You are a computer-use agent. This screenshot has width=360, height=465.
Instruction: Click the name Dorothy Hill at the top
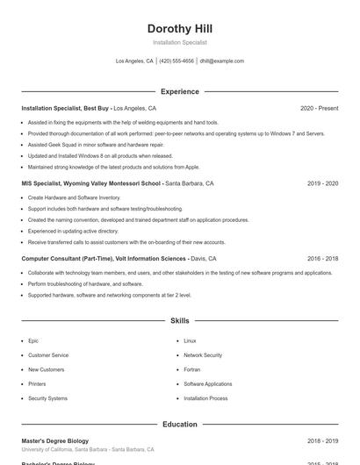point(180,29)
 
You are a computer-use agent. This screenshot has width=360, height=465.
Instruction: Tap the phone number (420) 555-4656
point(176,61)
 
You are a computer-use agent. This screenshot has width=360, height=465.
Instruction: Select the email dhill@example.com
point(221,61)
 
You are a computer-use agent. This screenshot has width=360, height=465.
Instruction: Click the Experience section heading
point(180,91)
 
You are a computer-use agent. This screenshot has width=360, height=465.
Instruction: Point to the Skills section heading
point(180,321)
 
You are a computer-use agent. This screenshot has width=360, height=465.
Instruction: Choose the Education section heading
point(180,424)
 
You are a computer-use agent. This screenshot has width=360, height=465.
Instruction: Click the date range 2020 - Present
point(319,108)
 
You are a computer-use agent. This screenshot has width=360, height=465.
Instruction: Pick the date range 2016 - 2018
point(322,259)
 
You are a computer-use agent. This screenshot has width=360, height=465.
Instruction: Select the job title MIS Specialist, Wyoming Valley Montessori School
point(91,183)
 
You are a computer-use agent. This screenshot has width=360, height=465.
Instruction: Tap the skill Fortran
point(192,369)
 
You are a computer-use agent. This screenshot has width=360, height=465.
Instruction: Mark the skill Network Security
point(203,355)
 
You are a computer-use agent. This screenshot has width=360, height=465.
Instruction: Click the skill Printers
point(37,383)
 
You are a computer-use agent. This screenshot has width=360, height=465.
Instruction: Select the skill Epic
point(33,340)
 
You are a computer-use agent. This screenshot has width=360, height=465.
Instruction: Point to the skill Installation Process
point(205,398)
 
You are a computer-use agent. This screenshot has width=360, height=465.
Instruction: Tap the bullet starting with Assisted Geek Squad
point(83,144)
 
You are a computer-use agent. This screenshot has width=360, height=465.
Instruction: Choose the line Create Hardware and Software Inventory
point(74,197)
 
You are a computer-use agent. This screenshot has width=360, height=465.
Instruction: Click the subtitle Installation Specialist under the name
point(180,42)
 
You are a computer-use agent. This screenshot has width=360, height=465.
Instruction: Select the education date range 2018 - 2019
point(322,440)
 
